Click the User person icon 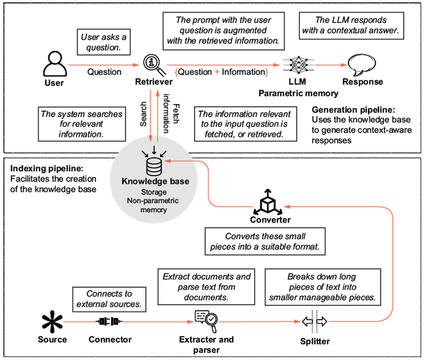55,64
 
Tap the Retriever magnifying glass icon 154,65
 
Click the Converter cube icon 268,202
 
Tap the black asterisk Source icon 52,322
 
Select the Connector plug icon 109,322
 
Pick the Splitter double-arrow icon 314,322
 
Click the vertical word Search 143,114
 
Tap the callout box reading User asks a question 104,42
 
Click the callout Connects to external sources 109,299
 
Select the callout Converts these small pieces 265,242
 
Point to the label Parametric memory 298,94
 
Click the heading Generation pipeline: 353,110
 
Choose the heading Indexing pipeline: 47,169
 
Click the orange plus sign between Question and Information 217,72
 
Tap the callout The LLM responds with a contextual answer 351,26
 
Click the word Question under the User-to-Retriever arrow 104,72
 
